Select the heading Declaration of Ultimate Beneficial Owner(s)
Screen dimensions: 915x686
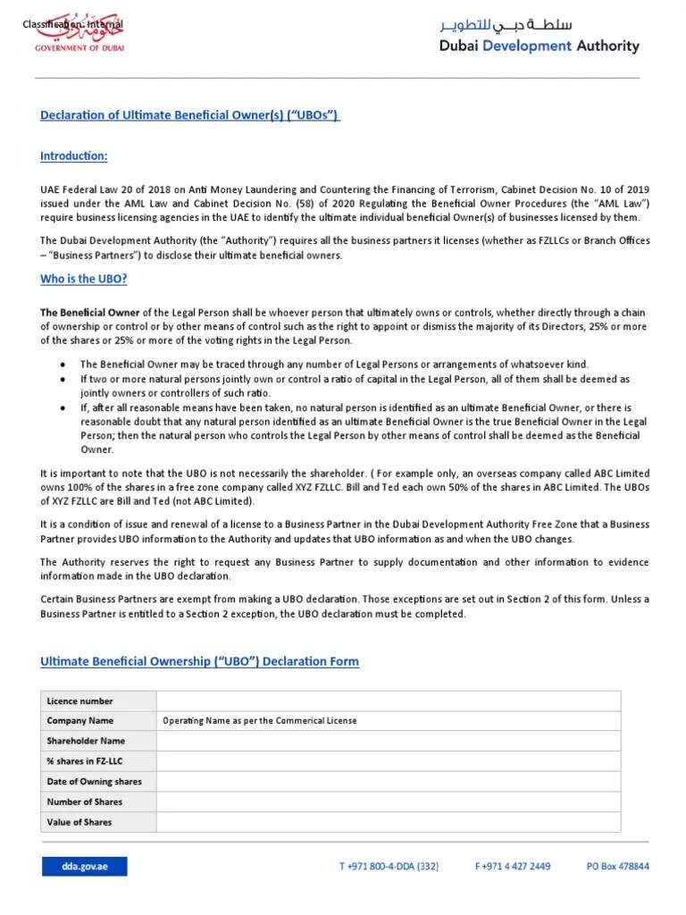click(190, 115)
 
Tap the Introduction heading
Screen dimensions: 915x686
click(74, 156)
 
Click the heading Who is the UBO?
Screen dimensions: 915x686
click(84, 279)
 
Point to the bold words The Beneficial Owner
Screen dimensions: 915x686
click(90, 313)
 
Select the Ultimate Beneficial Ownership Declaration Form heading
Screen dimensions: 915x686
click(200, 661)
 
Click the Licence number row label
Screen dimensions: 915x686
click(80, 701)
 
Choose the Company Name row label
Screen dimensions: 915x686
click(80, 721)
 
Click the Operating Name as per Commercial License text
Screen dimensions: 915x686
click(259, 721)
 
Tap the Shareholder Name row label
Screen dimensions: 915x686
click(86, 741)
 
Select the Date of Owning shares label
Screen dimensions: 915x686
click(94, 782)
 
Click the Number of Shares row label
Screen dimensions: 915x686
click(85, 802)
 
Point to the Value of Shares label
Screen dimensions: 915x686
click(79, 822)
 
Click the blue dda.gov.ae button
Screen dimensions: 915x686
click(84, 866)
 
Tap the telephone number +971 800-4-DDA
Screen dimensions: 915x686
click(389, 866)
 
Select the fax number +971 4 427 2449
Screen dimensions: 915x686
click(513, 866)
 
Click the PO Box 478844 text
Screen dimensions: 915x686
click(617, 866)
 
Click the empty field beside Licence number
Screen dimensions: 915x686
click(388, 701)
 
